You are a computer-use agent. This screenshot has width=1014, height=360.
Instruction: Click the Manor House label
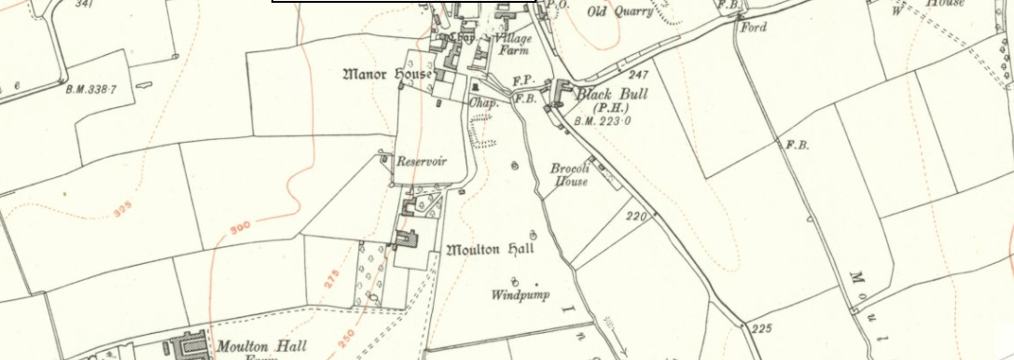(387, 73)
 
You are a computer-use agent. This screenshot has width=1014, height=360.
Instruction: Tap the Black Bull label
(611, 94)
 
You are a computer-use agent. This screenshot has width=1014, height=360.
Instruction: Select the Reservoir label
(422, 161)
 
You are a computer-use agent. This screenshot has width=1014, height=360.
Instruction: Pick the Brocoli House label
(569, 175)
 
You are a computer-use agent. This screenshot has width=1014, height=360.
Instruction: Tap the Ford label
(753, 27)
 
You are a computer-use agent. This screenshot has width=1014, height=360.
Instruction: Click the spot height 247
(638, 75)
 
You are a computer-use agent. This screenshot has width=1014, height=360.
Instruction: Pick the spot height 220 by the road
(636, 216)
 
